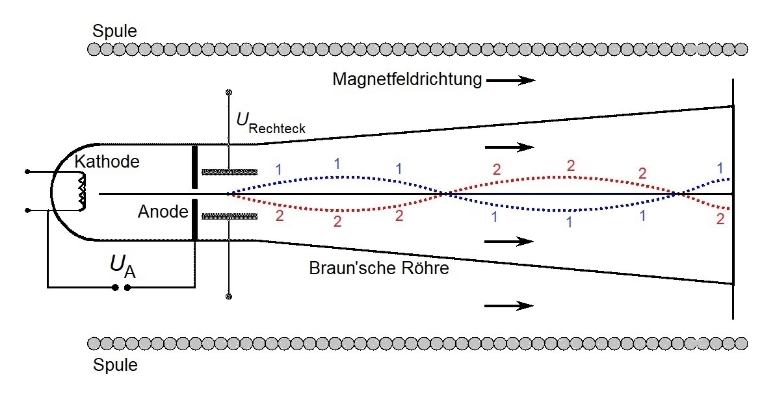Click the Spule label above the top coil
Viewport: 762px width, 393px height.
pyautogui.click(x=115, y=31)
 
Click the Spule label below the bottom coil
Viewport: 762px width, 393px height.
pyautogui.click(x=115, y=365)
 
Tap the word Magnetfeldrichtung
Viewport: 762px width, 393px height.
pyautogui.click(x=407, y=79)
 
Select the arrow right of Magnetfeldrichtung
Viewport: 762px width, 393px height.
pyautogui.click(x=510, y=80)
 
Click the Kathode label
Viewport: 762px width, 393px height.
pyautogui.click(x=107, y=161)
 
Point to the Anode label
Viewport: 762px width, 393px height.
pyautogui.click(x=163, y=211)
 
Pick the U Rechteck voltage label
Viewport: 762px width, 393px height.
pyautogui.click(x=270, y=123)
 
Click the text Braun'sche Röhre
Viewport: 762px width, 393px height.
pyautogui.click(x=379, y=268)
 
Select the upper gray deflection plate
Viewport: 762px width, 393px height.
pyautogui.click(x=229, y=172)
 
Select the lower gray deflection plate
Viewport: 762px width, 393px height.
pyautogui.click(x=229, y=216)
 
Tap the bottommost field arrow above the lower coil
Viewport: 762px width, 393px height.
pyautogui.click(x=510, y=305)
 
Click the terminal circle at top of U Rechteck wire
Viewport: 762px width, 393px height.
pyautogui.click(x=228, y=92)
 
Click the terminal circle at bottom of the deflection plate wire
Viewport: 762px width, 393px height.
pyautogui.click(x=228, y=297)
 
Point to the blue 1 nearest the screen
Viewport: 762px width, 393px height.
pyautogui.click(x=720, y=168)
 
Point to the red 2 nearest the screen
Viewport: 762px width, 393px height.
pyautogui.click(x=720, y=219)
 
